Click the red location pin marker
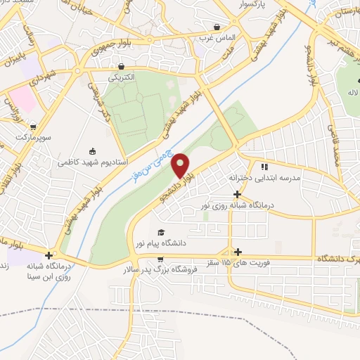181,166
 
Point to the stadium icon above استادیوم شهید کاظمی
92,150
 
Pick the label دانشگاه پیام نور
185,243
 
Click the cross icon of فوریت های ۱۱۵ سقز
238,252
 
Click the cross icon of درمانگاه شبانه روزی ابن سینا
49,255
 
